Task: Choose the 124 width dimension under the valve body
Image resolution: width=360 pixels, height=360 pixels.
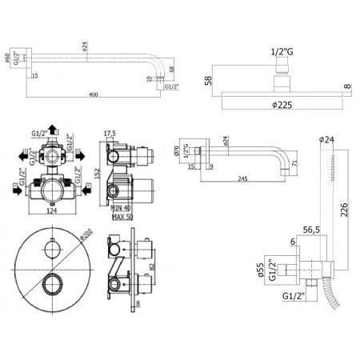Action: pyautogui.click(x=52, y=212)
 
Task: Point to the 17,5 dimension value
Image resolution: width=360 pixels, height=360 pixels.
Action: pyautogui.click(x=110, y=134)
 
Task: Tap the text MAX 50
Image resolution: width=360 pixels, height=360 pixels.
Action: pyautogui.click(x=121, y=215)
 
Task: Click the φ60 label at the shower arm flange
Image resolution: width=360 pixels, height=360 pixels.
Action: pyautogui.click(x=8, y=59)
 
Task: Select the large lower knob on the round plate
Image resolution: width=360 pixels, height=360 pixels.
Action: pyautogui.click(x=53, y=282)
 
